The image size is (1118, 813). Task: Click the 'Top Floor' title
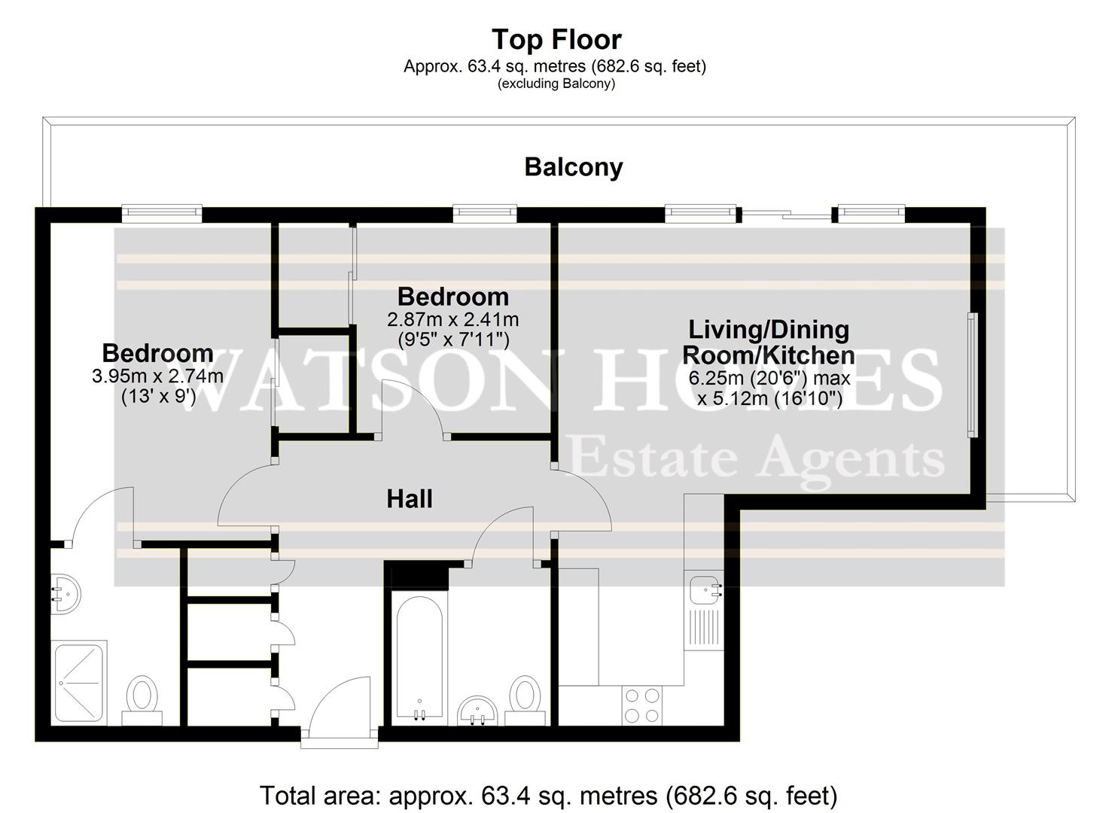pos(556,39)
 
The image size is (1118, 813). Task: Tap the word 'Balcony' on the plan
pos(574,166)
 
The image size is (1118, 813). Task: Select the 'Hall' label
pos(410,498)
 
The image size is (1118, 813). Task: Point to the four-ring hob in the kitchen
pos(642,706)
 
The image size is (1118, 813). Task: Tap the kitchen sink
pos(704,589)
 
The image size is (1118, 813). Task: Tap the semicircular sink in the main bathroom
pos(477,710)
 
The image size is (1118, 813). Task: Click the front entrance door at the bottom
pos(339,708)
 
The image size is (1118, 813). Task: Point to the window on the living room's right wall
pos(972,375)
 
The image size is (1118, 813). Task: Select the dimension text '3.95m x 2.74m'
pos(157,376)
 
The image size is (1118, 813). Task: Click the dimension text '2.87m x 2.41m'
pos(452,319)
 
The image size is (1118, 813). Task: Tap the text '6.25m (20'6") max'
pos(769,377)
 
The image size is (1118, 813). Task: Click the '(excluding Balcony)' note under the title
pos(556,84)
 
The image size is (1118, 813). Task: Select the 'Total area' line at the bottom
pos(548,795)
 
